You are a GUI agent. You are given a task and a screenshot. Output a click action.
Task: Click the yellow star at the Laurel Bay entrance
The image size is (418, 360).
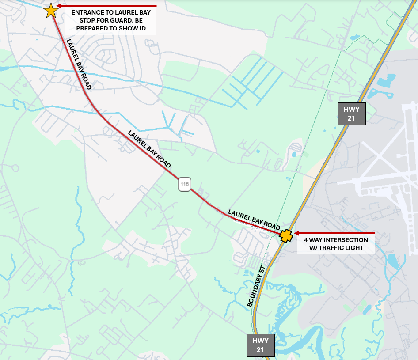pos(51,10)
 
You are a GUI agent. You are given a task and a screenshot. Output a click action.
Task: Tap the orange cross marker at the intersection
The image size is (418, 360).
pos(286,236)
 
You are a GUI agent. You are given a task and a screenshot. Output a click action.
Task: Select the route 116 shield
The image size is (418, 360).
pos(184,184)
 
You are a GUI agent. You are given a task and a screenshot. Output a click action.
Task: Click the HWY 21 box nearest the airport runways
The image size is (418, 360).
pos(352,114)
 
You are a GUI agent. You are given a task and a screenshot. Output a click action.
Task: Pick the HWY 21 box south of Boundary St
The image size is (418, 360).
pos(260,345)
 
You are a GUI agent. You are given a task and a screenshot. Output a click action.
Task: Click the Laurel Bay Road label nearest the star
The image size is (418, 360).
pos(79,64)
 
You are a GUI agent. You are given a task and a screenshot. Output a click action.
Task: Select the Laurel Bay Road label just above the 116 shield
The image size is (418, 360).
pos(149,149)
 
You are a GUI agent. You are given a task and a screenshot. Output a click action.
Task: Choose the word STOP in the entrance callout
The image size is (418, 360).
pos(87,21)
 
